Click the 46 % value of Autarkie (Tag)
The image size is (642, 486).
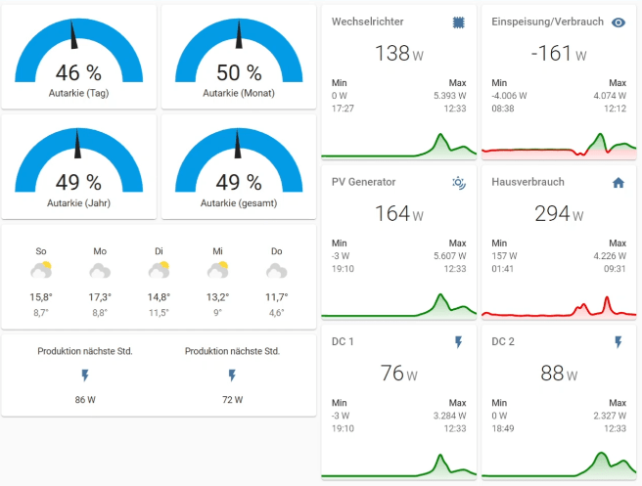78,73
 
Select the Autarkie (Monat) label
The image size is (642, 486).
239,93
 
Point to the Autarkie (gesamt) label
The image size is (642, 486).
239,202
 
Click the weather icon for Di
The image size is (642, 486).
159,271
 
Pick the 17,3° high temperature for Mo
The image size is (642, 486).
100,296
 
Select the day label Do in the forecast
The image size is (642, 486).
276,251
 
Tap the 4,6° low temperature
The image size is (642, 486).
276,313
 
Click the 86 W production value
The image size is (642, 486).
85,399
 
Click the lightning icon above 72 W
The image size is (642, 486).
232,375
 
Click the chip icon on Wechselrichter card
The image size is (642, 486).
459,22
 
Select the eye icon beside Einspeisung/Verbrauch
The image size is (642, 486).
618,22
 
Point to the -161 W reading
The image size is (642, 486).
557,53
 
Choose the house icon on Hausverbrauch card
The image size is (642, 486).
618,182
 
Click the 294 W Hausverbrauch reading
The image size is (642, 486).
557,213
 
